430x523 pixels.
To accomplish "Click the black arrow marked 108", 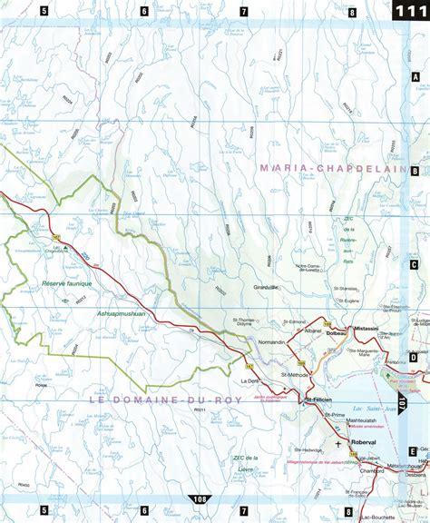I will coord(199,499).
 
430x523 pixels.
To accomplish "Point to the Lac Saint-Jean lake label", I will coord(404,385).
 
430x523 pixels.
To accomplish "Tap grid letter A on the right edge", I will coord(415,79).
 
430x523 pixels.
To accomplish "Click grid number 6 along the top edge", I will coord(143,12).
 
